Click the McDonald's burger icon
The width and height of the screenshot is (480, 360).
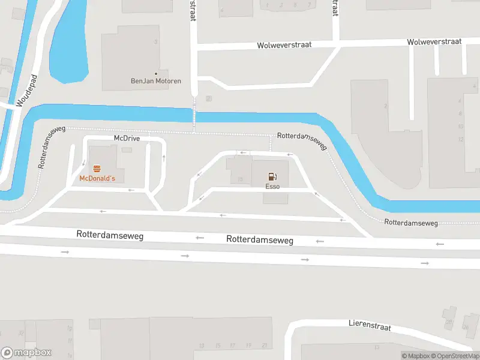point(97,169)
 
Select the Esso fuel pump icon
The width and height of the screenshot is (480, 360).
point(272,176)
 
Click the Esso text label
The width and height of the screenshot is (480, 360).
point(272,187)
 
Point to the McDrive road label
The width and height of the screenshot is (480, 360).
point(127,138)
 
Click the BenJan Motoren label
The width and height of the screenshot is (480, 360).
point(156,81)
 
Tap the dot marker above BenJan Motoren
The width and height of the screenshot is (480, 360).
point(157,73)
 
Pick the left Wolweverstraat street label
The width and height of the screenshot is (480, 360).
point(285,45)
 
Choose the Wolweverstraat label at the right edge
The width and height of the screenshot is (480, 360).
point(434,41)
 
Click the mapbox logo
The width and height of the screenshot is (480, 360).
point(26,353)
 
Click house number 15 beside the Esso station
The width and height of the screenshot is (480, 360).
point(240,179)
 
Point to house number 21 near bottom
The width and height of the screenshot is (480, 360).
point(265,346)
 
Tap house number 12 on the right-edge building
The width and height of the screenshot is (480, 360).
point(461,139)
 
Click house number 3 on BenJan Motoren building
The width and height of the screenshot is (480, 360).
point(156,42)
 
